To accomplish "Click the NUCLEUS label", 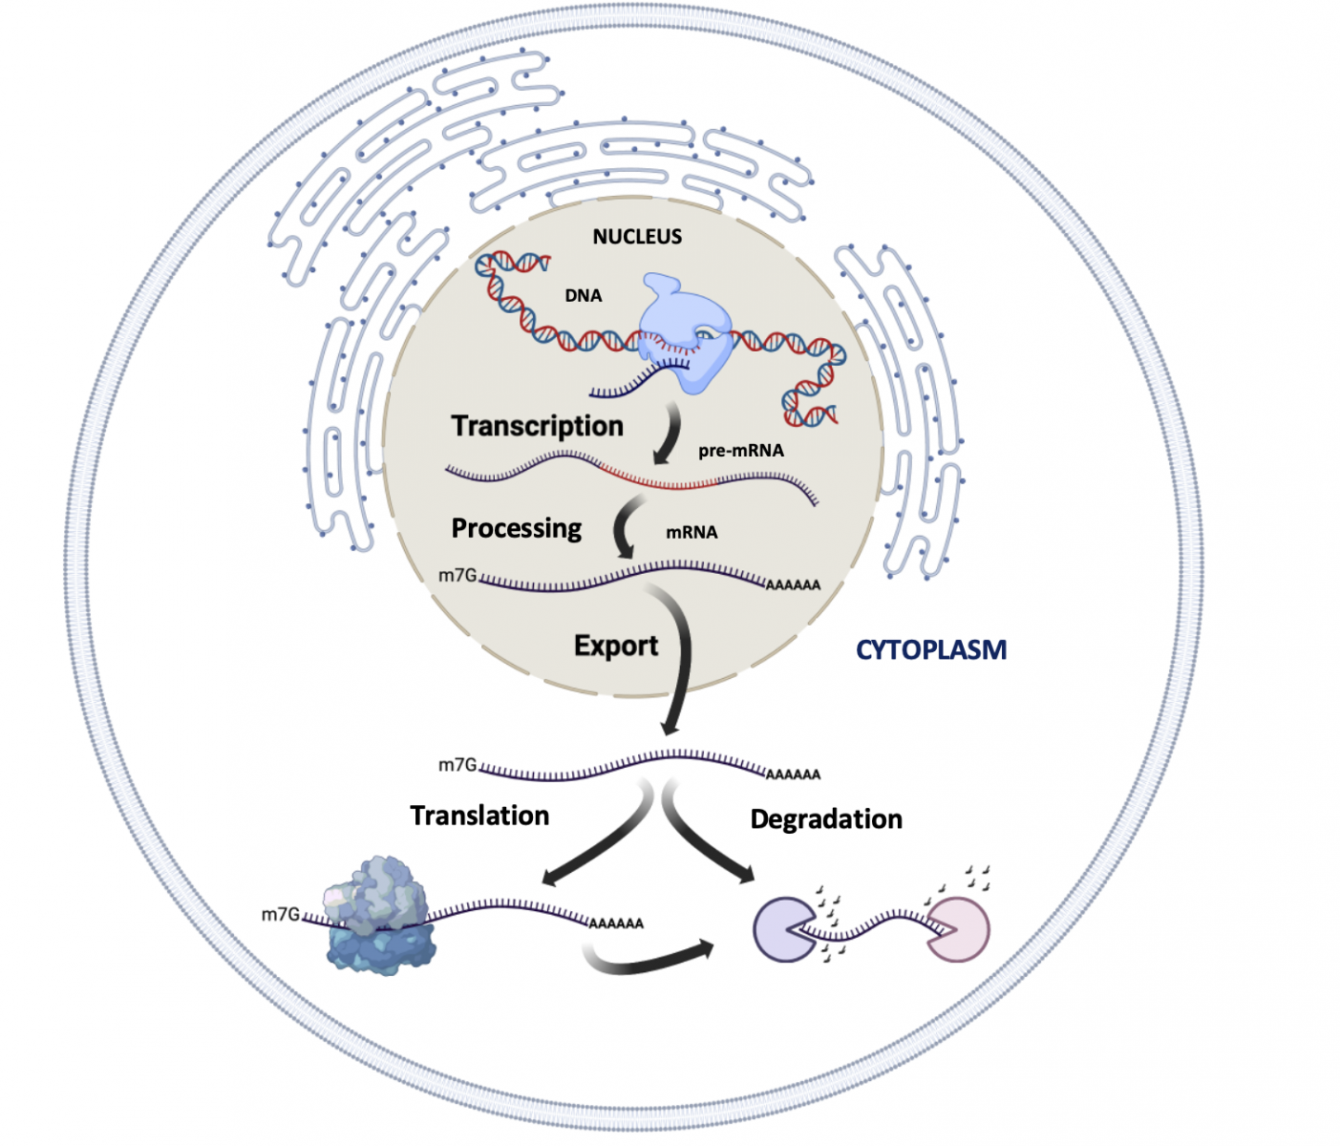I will tap(637, 237).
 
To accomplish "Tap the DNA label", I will tap(583, 296).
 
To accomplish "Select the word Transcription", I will tap(537, 426).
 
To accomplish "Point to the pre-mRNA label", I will tap(740, 451).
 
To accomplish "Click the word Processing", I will tap(516, 529).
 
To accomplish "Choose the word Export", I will tap(616, 647).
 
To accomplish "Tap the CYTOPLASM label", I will tap(930, 650).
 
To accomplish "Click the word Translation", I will tap(479, 816).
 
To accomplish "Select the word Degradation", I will tap(826, 819).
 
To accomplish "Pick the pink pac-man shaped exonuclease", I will tap(960, 929).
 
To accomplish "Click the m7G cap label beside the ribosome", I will tap(280, 915).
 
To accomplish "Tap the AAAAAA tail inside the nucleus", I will tap(793, 585).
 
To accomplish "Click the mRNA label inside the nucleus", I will tap(691, 533).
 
